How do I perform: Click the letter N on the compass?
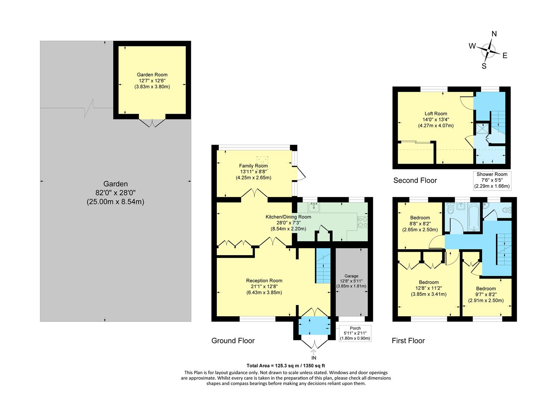tap(494, 34)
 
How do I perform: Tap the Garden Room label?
tap(152, 75)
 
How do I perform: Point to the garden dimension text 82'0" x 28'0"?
tap(115, 193)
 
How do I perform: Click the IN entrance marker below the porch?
tap(314, 358)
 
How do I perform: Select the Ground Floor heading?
tap(233, 340)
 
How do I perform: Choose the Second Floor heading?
tap(415, 180)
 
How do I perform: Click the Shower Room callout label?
tap(492, 174)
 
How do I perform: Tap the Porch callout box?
tap(355, 333)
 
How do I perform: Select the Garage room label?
tap(351, 276)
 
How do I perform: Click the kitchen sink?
tap(314, 207)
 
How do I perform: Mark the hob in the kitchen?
tap(362, 222)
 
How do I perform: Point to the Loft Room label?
tap(436, 114)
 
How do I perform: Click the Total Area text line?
tap(286, 366)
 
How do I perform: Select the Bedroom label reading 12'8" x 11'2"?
tap(429, 288)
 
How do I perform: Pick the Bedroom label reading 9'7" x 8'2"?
tap(486, 295)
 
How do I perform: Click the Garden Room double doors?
tap(152, 123)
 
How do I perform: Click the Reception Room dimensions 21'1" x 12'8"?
tap(264, 286)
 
